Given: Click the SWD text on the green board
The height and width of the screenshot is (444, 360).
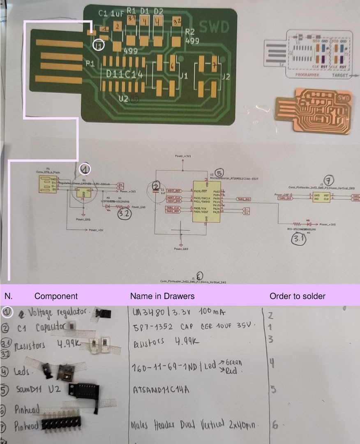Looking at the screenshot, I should (x=214, y=27).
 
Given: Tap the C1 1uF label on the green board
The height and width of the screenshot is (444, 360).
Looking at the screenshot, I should (x=111, y=14).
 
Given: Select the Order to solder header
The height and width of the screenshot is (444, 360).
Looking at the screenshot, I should (x=297, y=296).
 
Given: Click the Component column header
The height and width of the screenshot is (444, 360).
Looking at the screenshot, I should (x=56, y=296).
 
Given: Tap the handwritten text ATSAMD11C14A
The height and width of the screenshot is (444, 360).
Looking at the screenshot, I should (x=162, y=389).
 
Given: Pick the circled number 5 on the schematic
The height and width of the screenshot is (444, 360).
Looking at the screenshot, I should (x=219, y=173).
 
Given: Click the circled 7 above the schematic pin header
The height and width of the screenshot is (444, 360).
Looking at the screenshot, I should (x=328, y=180).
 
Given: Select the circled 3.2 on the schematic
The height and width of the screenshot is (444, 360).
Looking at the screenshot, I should (x=124, y=213).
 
